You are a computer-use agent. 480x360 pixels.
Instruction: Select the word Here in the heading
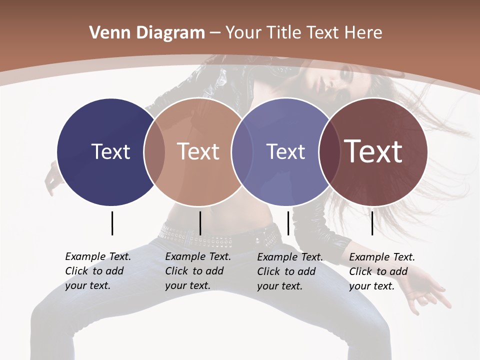(x=363, y=33)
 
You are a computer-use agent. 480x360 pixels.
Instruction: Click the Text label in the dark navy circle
(x=110, y=151)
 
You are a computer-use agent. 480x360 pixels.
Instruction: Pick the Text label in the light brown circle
(x=198, y=151)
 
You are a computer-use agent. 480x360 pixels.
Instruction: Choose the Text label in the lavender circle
(x=285, y=151)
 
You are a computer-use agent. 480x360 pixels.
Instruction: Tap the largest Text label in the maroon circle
(x=373, y=151)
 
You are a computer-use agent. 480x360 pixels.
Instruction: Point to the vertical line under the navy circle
(x=112, y=223)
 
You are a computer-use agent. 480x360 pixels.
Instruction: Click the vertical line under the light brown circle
(x=200, y=223)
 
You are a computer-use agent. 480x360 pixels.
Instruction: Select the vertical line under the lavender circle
(x=288, y=223)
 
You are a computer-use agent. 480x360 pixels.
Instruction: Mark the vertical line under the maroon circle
(x=372, y=223)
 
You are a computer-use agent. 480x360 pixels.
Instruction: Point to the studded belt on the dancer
(x=220, y=237)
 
